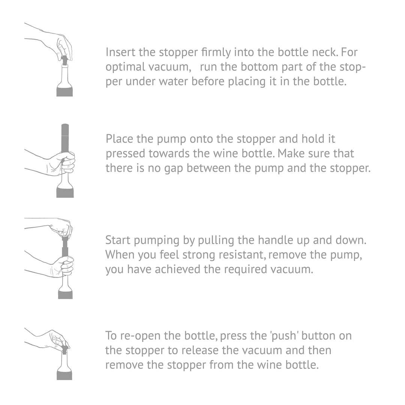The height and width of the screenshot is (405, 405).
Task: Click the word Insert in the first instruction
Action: tap(120, 52)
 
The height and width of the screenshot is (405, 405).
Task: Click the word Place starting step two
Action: tap(119, 139)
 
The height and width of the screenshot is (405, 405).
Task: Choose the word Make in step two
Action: tap(290, 153)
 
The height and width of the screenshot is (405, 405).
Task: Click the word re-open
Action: tap(140, 336)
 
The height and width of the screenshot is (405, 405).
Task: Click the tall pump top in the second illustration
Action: tap(65, 138)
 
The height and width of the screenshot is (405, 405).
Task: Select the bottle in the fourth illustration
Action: tap(64, 366)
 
